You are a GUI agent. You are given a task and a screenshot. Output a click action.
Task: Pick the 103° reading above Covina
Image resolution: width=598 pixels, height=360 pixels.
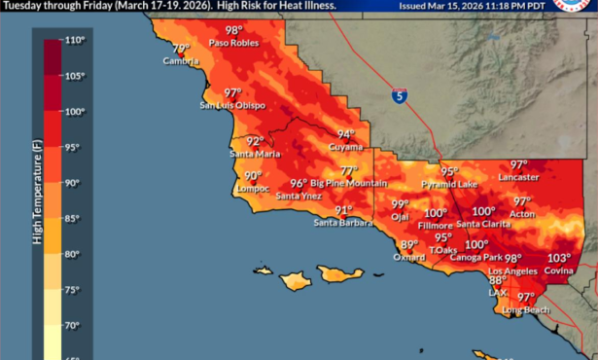[558, 258]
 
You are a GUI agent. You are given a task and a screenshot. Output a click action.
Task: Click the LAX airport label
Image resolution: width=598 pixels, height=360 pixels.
[497, 291]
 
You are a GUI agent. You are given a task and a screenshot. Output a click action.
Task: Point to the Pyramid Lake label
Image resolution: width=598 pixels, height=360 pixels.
[448, 184]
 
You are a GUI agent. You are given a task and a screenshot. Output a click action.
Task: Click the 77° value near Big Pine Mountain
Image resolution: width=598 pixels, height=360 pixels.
[348, 169]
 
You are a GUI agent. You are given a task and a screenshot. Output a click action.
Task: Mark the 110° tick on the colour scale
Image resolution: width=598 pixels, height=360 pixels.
[75, 42]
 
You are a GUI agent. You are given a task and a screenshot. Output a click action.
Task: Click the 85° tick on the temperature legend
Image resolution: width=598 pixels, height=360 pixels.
[73, 218]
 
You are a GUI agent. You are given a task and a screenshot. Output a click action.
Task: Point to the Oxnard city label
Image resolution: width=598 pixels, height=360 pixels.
[409, 257]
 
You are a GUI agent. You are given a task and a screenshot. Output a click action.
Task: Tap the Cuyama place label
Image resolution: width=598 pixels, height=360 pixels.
[345, 146]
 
